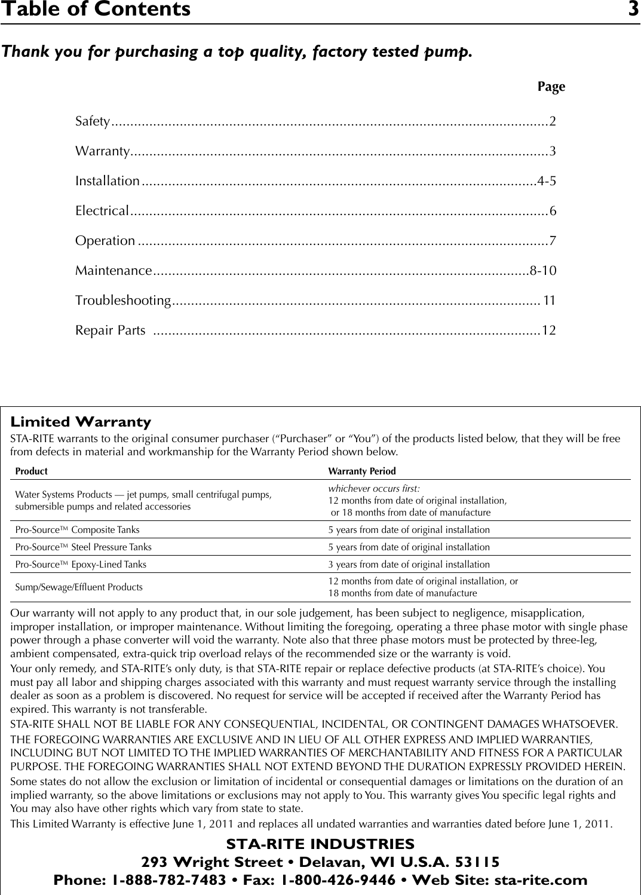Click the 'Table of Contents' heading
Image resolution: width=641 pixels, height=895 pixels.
tap(96, 10)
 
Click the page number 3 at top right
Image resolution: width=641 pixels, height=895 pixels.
tap(633, 10)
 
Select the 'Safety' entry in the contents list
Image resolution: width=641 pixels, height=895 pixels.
tap(93, 122)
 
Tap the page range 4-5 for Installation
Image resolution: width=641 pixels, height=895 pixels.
tap(547, 181)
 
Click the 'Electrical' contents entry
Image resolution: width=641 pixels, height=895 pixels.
tap(102, 211)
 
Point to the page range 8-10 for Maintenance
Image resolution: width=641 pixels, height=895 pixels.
tap(543, 271)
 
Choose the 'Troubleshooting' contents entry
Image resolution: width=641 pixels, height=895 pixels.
tap(123, 300)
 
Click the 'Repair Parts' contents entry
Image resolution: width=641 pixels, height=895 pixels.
tap(110, 330)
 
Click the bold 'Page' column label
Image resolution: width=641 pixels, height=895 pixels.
tap(551, 87)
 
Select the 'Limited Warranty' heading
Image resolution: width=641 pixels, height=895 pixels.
tap(81, 422)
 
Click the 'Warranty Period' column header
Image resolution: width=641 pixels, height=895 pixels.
tap(362, 471)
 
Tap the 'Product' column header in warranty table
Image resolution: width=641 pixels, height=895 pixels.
tap(31, 471)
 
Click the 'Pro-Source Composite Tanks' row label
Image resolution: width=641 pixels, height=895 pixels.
tap(78, 530)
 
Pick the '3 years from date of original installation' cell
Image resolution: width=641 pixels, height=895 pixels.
tap(409, 565)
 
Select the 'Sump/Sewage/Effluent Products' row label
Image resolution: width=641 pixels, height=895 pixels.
tap(79, 587)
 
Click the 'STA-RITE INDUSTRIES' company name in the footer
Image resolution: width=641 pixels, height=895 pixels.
tap(320, 844)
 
